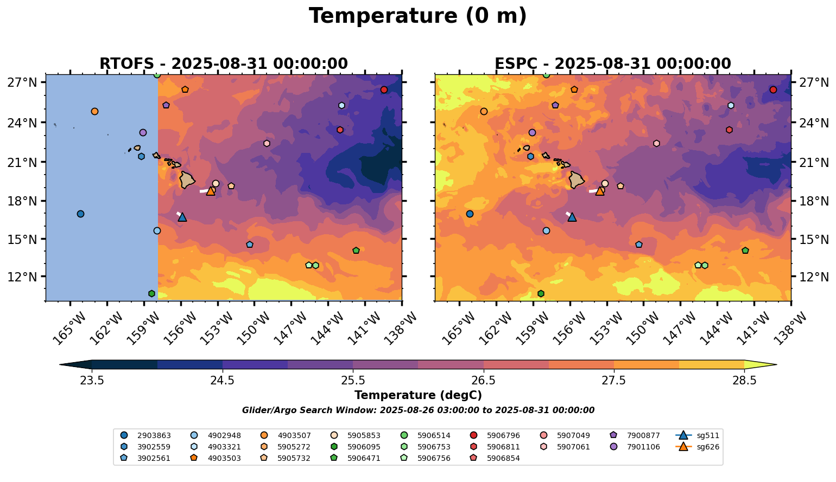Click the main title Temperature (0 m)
tap(417, 16)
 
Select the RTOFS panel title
tap(224, 64)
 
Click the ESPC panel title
tap(613, 64)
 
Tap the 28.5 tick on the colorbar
tap(744, 380)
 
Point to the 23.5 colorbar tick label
tap(92, 380)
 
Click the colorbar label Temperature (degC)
tap(417, 395)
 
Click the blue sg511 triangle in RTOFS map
tap(182, 217)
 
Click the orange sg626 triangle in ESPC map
tap(600, 191)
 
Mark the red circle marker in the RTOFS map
tap(384, 89)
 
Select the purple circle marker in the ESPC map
tap(532, 132)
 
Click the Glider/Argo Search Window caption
tap(417, 410)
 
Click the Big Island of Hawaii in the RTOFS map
tap(187, 179)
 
